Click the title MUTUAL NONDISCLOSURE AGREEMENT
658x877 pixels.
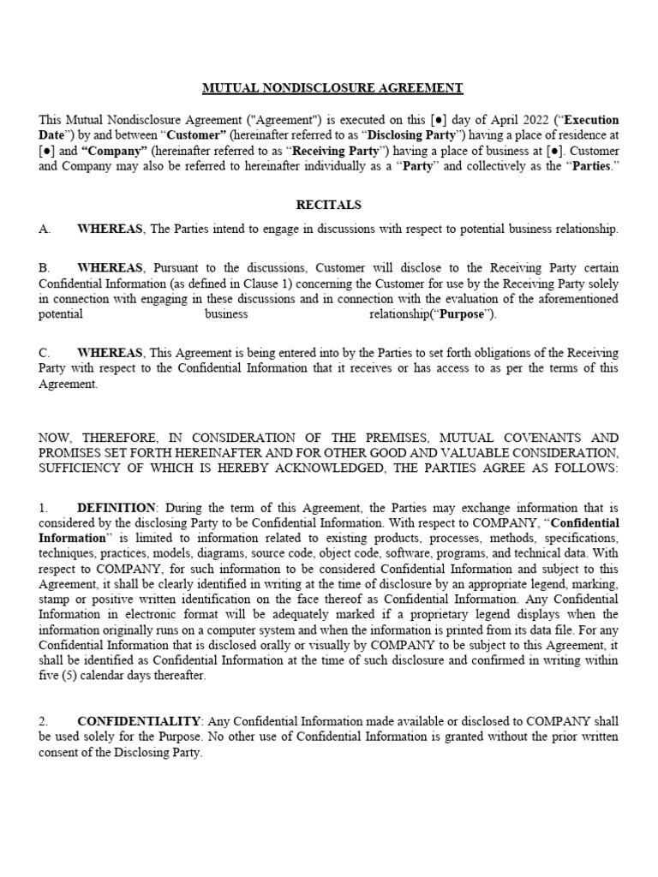click(x=332, y=87)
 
